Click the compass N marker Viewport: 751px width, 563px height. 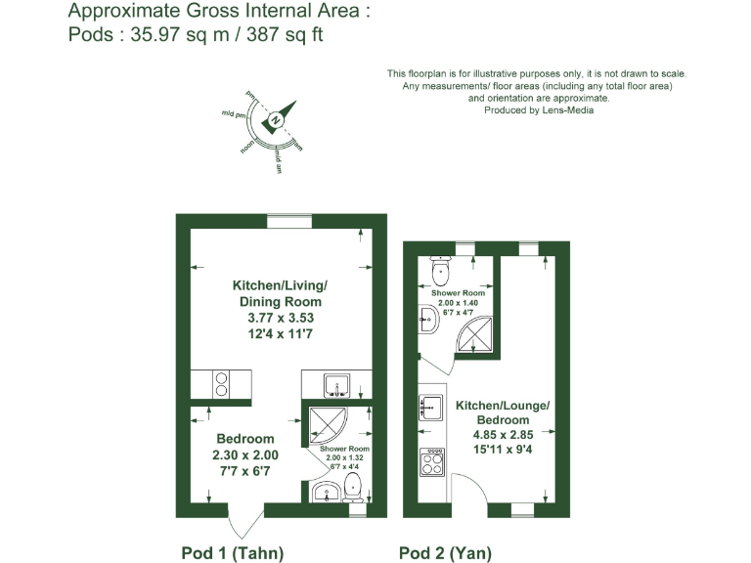tap(277, 120)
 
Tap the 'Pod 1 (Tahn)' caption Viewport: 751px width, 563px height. tap(233, 552)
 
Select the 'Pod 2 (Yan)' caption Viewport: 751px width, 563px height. tap(445, 552)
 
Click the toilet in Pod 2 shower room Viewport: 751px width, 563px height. tap(439, 270)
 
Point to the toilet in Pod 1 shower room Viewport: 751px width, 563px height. tap(354, 488)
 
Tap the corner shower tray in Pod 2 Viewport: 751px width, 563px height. tap(472, 338)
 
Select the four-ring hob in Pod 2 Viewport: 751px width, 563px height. tap(430, 461)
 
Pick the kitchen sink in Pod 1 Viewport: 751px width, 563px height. tap(336, 383)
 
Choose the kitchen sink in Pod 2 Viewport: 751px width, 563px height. tap(428, 408)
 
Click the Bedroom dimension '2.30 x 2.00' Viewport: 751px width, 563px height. tap(244, 455)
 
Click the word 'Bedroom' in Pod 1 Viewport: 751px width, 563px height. tap(244, 439)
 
